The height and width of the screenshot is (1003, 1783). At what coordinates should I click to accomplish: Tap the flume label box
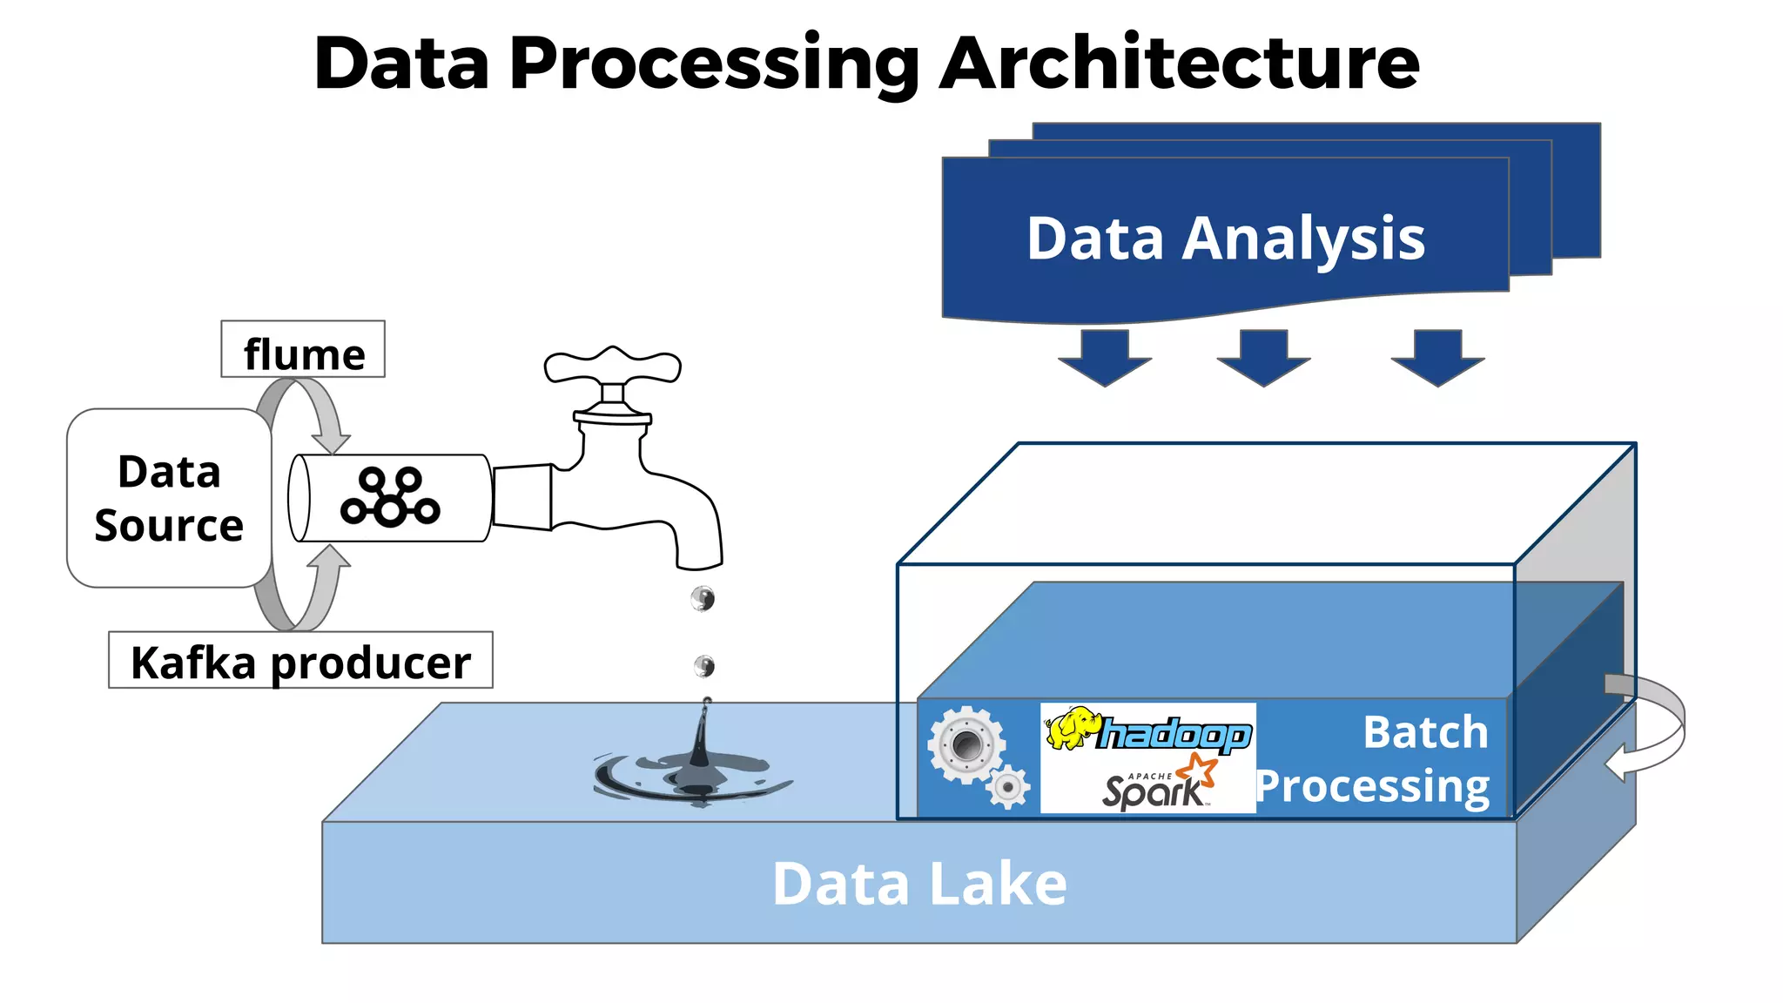303,349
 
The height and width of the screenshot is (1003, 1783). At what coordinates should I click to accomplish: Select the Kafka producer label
300,661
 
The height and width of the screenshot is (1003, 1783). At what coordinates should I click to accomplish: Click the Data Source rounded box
169,498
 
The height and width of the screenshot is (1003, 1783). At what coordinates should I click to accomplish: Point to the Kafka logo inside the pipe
390,497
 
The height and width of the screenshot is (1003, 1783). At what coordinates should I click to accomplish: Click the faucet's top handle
613,366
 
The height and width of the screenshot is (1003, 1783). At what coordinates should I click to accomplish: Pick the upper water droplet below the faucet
703,598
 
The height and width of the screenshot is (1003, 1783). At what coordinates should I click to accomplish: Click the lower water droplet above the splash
704,666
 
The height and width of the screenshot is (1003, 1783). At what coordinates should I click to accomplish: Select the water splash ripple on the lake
692,775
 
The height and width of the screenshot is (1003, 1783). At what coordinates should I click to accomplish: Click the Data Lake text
919,884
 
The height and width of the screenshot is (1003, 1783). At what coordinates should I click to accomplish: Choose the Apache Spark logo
1158,784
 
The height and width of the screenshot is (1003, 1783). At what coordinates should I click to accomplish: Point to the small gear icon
1008,787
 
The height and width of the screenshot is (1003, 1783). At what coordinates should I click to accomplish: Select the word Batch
1425,732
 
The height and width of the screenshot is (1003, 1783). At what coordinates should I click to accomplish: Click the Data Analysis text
1225,238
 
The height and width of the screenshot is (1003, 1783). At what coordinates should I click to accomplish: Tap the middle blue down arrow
1263,357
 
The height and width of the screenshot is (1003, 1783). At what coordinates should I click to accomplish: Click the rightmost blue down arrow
1437,357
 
